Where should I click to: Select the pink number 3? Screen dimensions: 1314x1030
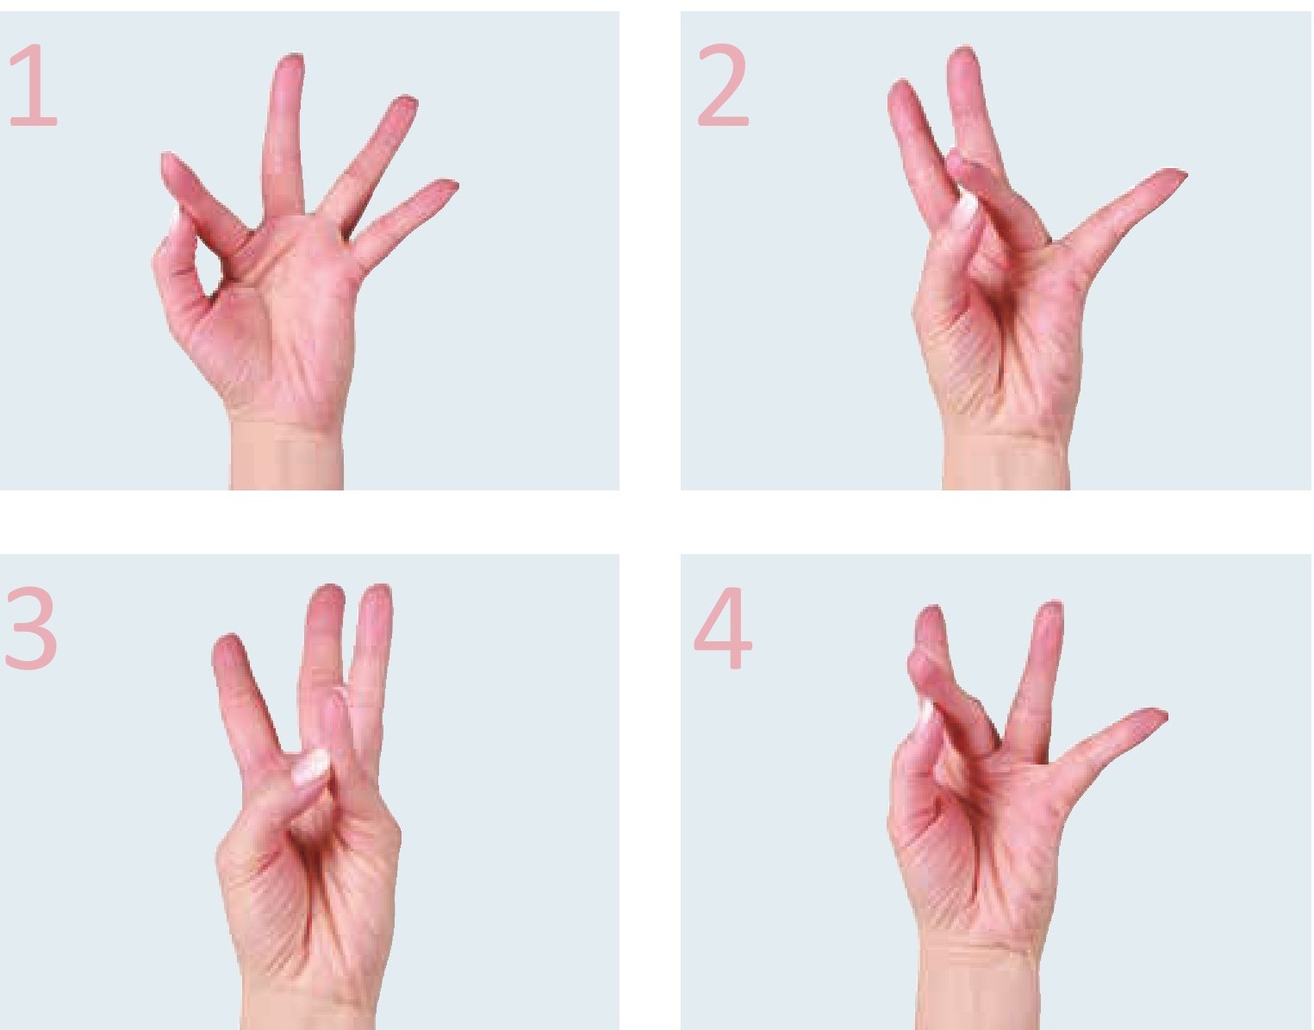tap(31, 627)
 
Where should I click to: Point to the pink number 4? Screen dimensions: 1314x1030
tap(723, 627)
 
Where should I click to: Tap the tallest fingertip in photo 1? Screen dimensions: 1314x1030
tap(290, 63)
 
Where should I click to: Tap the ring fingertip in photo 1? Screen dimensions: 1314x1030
tap(405, 104)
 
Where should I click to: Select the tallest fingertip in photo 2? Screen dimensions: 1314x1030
tap(962, 56)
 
